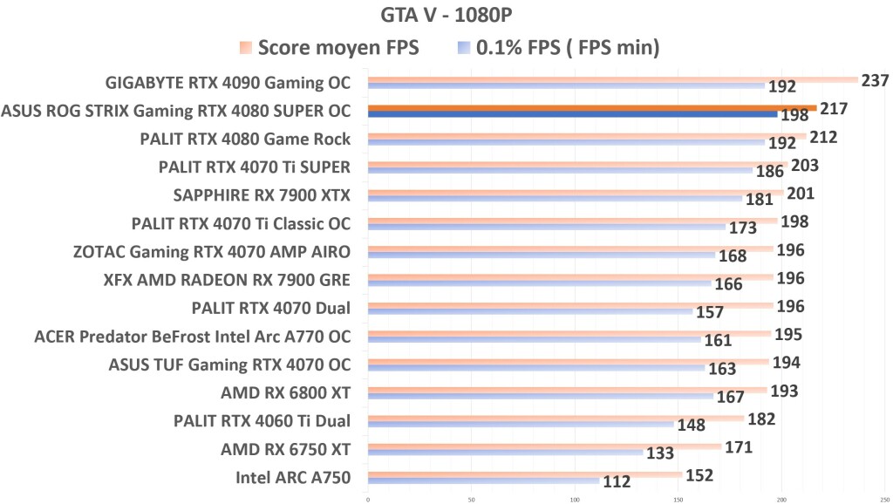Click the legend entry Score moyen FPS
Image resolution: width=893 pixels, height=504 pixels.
[x=339, y=48]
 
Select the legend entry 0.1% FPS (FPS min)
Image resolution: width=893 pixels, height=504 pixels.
[x=567, y=48]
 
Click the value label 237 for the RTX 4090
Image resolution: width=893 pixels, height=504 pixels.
[x=874, y=81]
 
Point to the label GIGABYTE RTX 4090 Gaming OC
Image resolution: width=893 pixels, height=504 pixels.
[x=228, y=84]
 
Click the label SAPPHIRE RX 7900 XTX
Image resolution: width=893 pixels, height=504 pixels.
[x=262, y=194]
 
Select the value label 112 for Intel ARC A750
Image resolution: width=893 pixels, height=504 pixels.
[x=619, y=480]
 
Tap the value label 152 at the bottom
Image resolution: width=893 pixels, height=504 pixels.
[x=699, y=475]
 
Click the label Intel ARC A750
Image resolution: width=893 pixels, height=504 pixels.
[x=293, y=478]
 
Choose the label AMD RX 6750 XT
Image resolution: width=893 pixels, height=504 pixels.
[x=285, y=450]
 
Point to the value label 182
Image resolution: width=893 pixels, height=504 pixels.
[x=760, y=419]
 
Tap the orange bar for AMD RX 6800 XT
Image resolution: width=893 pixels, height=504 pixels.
[x=567, y=389]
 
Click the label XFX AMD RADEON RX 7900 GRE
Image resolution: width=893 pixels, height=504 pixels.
[x=227, y=280]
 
